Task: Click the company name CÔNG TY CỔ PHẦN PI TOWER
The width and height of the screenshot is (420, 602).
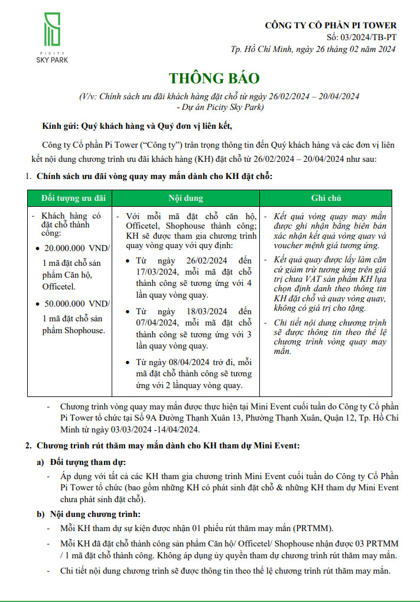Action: pyautogui.click(x=331, y=25)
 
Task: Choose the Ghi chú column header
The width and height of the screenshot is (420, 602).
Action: pyautogui.click(x=325, y=198)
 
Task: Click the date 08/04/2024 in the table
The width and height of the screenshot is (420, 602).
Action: pyautogui.click(x=186, y=362)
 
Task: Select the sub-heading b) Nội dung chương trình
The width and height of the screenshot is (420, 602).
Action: pyautogui.click(x=89, y=514)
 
